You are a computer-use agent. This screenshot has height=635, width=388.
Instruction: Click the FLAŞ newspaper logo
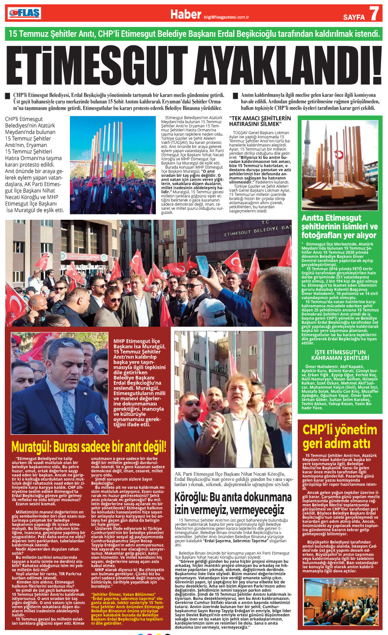coord(24,13)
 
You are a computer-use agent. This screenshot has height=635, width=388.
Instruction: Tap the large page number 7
coord(374,14)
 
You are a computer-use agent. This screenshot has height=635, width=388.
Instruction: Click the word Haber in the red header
coord(185,14)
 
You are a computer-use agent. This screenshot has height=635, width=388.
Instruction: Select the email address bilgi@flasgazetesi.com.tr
coord(226,18)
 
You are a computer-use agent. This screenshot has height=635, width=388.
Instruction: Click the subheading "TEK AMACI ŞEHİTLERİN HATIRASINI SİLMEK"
coord(260,121)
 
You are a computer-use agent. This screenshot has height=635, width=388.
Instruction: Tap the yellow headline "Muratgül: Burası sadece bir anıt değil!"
coord(89,446)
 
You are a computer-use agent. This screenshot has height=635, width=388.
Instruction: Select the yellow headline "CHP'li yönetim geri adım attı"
coord(340,436)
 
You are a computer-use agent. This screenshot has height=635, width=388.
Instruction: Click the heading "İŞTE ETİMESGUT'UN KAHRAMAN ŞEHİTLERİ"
coord(340,355)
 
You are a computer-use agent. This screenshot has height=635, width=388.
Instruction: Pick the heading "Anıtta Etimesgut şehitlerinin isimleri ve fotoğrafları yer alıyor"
coord(339,227)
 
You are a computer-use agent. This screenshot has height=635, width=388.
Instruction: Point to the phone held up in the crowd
coord(203,266)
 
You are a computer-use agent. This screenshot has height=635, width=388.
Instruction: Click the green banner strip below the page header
coord(194,33)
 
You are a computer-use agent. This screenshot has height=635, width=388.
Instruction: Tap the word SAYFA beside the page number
coord(353,17)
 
